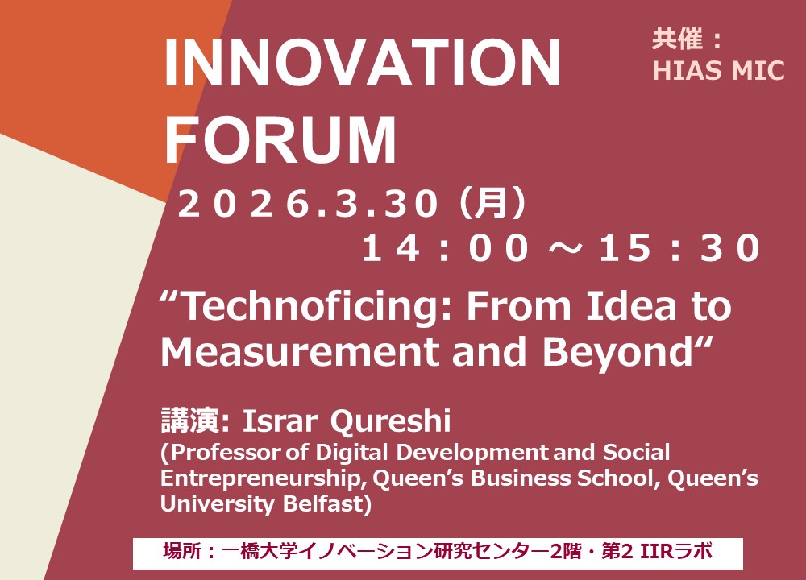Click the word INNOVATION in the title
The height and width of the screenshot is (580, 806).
tap(362, 63)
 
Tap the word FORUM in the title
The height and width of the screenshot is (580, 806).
tap(280, 139)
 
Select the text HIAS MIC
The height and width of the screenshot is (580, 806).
tap(718, 70)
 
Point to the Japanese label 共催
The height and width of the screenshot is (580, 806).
tap(678, 39)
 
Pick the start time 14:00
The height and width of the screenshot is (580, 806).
tap(445, 248)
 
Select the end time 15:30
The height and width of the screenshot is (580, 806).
tap(679, 248)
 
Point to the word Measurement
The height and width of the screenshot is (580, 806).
tap(300, 352)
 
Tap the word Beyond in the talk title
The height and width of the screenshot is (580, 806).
tap(618, 354)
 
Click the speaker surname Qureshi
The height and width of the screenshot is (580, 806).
tap(391, 422)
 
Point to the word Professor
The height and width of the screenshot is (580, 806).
tap(226, 453)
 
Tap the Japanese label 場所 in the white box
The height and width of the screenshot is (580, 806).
tap(182, 553)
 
